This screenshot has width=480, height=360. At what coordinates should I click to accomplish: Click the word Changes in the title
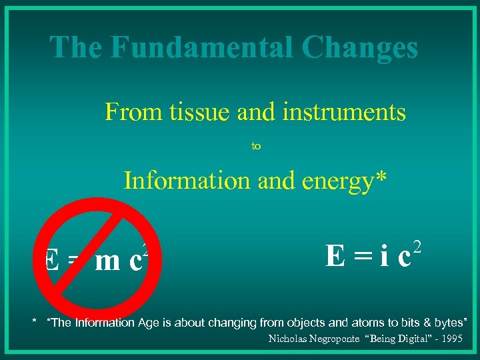(x=359, y=47)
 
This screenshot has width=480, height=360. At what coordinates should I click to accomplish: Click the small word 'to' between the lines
(x=255, y=145)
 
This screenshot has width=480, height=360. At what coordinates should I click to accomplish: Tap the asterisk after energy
(x=381, y=177)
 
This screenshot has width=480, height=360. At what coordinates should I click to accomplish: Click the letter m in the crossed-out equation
(x=107, y=262)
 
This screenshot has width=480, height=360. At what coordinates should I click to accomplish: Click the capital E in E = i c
(x=335, y=256)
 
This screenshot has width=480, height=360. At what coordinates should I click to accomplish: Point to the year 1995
(x=451, y=339)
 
